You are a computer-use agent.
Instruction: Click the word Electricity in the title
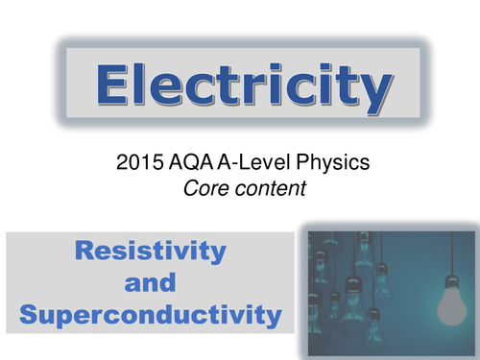[x=240, y=87]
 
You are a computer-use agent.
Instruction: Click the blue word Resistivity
[x=151, y=252]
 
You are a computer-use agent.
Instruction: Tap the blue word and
[x=151, y=283]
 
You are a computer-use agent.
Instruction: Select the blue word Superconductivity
[x=151, y=314]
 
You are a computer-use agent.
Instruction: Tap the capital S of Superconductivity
[x=30, y=314]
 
